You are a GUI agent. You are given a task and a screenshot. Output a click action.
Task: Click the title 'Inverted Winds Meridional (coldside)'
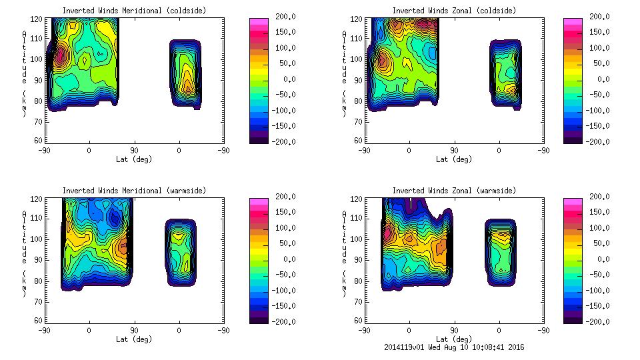coord(134,11)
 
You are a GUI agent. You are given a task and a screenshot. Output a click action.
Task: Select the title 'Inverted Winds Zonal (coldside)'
coord(453,11)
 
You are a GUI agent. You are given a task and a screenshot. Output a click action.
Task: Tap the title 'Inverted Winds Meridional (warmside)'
coord(134,191)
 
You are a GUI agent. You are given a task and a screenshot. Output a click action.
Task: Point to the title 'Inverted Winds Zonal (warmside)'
coord(453,191)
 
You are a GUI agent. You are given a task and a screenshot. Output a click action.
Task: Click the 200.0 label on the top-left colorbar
coord(283,17)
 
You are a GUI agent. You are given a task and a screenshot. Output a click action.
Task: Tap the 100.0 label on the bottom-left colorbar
coord(283,228)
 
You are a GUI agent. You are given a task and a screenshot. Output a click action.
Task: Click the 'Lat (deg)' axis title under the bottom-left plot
coord(133,339)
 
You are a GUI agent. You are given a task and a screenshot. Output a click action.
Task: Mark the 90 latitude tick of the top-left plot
coord(133,150)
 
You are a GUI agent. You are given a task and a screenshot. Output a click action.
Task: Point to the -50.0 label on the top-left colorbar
coord(283,95)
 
